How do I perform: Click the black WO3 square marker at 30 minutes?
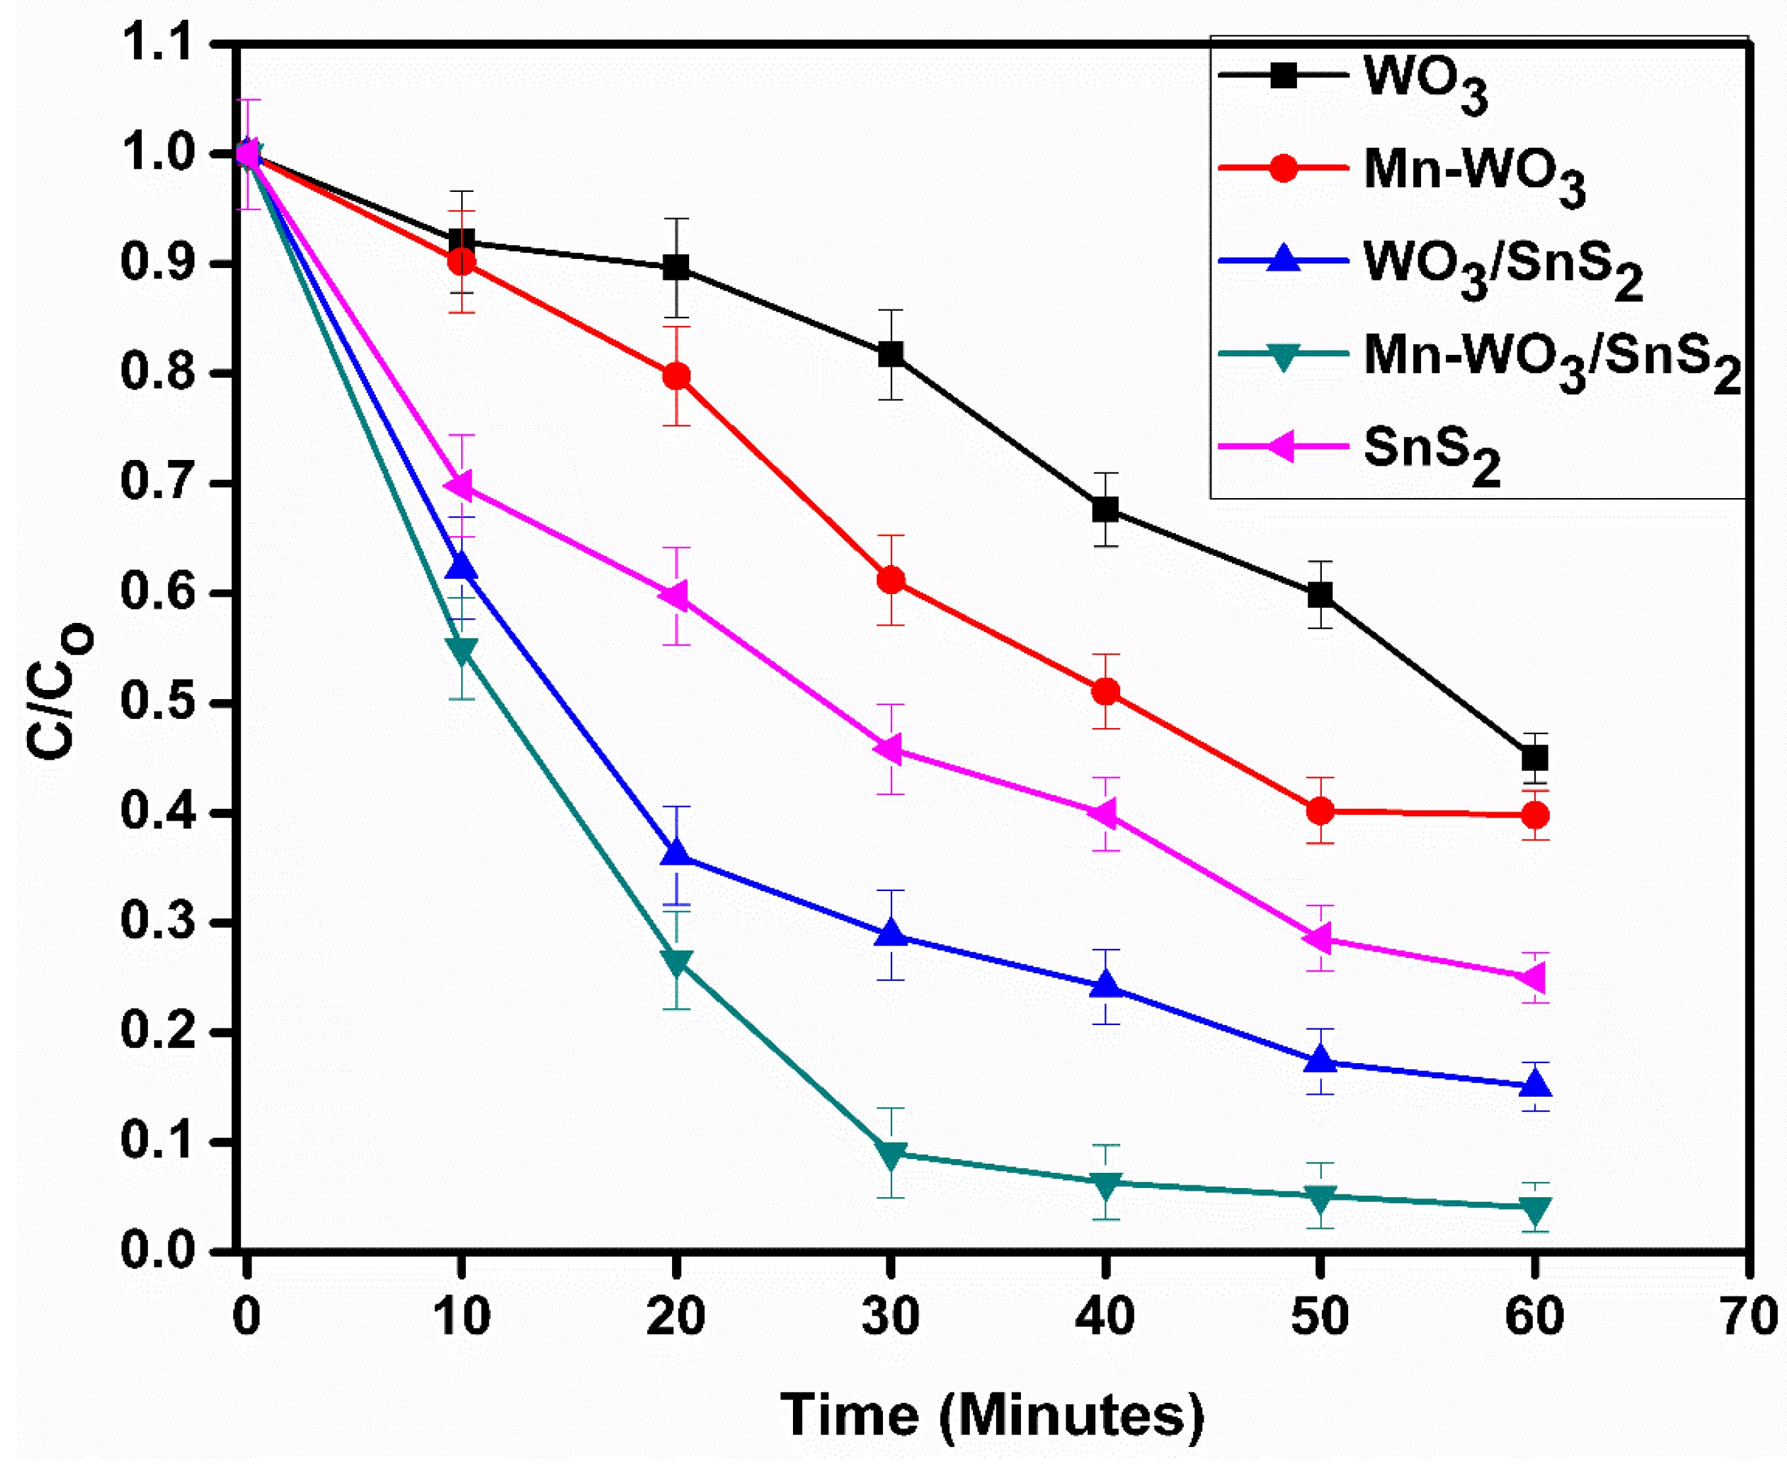(x=891, y=354)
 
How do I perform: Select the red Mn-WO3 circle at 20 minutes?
(x=675, y=376)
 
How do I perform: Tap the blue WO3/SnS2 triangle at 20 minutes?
(x=675, y=854)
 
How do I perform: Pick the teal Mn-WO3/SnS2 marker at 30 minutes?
(x=891, y=1155)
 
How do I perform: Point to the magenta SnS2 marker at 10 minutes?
(x=461, y=487)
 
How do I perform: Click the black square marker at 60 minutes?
(x=1535, y=758)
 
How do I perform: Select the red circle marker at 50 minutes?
(x=1320, y=812)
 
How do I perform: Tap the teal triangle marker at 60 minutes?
(x=1535, y=1208)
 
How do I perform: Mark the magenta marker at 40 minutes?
(x=1105, y=815)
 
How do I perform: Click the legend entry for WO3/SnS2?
(x=1502, y=267)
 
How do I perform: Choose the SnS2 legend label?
(x=1431, y=452)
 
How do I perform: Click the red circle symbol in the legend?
(x=1282, y=168)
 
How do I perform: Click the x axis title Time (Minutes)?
(x=992, y=1415)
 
